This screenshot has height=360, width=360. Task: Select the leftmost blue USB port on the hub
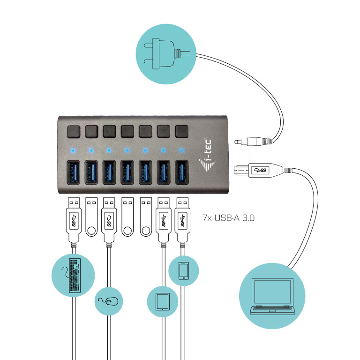point(73,174)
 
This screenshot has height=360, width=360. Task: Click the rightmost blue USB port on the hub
point(181,174)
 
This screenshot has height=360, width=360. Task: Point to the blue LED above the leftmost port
point(73,150)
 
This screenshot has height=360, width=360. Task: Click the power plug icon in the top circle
point(162,49)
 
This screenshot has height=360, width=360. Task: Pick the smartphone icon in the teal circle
point(184,271)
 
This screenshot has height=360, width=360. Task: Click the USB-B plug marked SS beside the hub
point(257,169)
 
